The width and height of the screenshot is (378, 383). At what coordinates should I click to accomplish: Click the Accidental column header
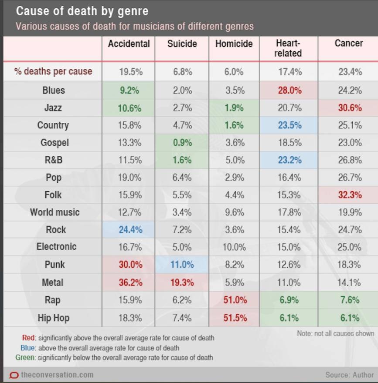[x=129, y=44]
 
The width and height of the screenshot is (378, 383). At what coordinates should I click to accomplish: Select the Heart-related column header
[x=288, y=48]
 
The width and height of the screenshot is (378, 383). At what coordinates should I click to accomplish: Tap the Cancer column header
[x=348, y=43]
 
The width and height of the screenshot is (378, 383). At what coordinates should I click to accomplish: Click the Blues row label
[x=53, y=91]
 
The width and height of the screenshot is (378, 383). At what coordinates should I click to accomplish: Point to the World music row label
[x=54, y=212]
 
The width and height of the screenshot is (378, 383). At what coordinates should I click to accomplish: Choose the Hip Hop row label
[x=53, y=318]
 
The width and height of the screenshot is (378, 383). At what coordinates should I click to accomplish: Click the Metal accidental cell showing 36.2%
[x=130, y=283]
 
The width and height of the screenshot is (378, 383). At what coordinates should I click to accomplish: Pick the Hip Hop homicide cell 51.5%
[x=235, y=318]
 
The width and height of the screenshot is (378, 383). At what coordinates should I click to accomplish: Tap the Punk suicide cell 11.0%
[x=182, y=265]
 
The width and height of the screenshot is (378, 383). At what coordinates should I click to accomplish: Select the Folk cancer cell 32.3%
[x=350, y=195]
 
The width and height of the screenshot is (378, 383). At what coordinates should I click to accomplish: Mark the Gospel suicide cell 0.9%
[x=182, y=143]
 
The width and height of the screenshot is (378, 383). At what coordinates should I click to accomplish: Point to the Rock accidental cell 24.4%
[x=130, y=230]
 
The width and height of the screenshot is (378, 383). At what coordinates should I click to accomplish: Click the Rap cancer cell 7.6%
[x=350, y=300]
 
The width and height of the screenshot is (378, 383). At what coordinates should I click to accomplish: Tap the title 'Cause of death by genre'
[x=82, y=11]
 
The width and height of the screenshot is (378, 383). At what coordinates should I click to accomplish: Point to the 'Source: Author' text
[x=349, y=375]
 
